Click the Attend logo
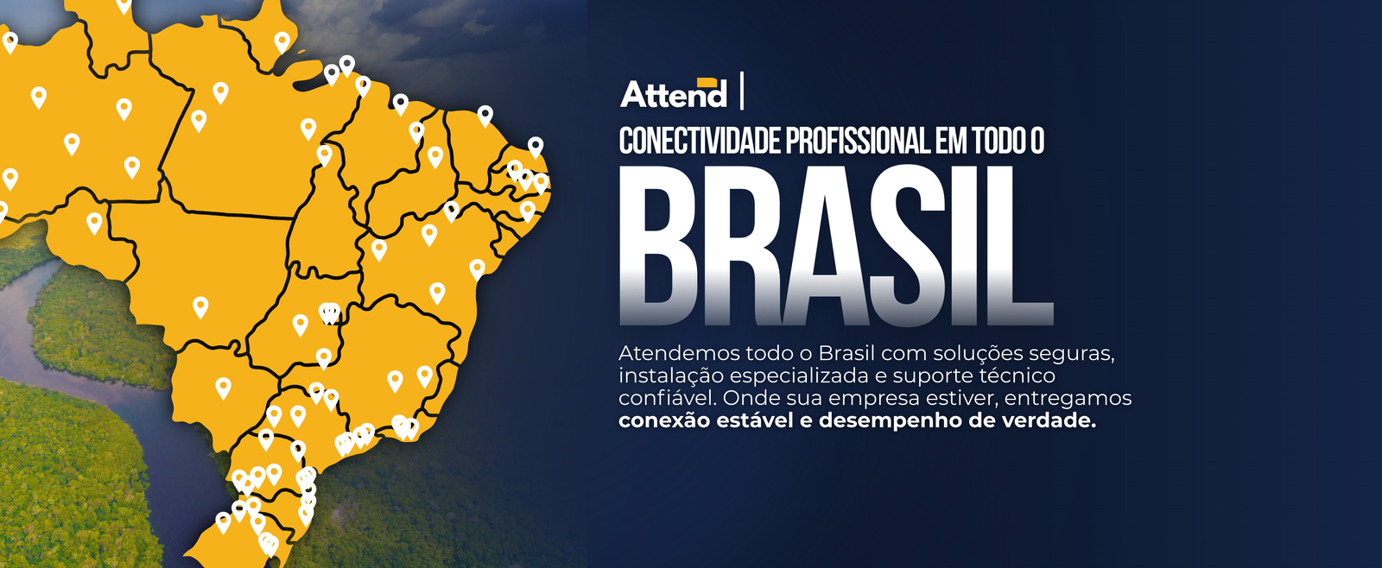(x=673, y=93)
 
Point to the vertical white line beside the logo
(x=742, y=91)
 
